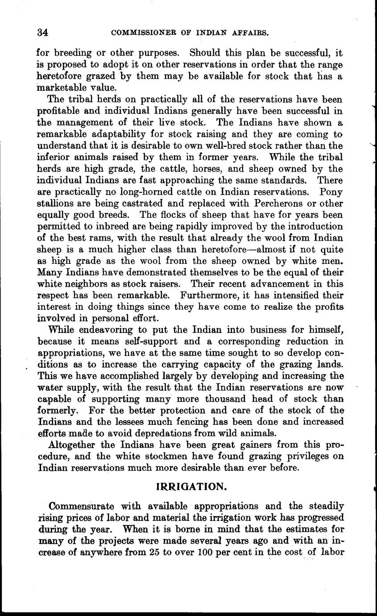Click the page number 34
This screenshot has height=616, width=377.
pyautogui.click(x=43, y=33)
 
